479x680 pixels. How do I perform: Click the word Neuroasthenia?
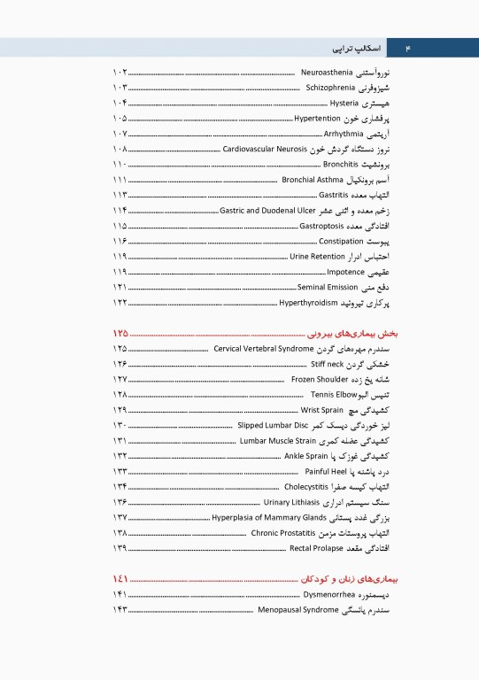pos(328,71)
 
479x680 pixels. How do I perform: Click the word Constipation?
pos(342,241)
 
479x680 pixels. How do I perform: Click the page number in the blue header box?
pos(408,47)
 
